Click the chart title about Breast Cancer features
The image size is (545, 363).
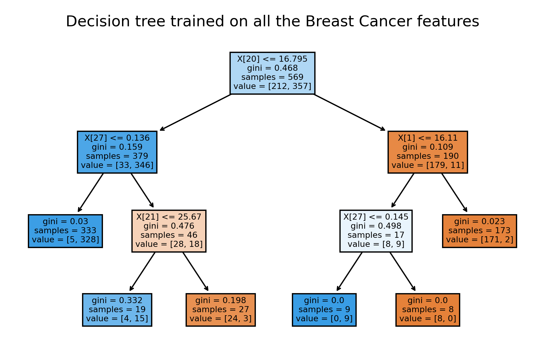pos(272,22)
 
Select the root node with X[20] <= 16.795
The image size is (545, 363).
pos(272,73)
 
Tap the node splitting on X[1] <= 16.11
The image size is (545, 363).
pos(428,152)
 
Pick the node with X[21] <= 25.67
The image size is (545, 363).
pos(169,231)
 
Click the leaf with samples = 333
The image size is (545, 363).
pos(65,231)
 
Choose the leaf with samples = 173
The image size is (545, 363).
pos(479,231)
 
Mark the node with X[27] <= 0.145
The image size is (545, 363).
pos(376,231)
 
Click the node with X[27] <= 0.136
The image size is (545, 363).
pos(117,152)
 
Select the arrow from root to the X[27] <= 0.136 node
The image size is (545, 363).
pos(195,113)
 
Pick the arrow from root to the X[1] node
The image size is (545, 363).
pos(350,113)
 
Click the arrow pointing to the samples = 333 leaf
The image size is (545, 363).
pos(91,193)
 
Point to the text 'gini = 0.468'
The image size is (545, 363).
pos(272,68)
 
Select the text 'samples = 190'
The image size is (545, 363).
pos(428,156)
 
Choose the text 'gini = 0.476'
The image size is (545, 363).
pos(169,226)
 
